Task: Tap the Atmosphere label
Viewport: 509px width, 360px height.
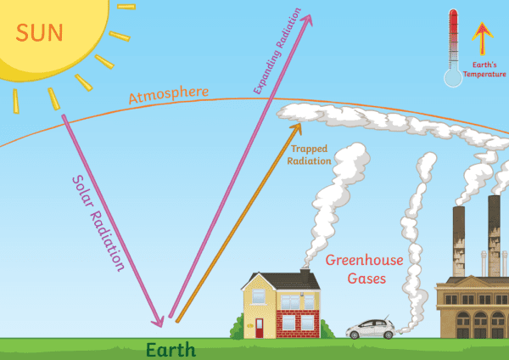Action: [169, 94]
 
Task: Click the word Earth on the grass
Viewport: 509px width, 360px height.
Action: [171, 349]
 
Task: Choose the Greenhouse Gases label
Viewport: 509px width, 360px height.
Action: [356, 270]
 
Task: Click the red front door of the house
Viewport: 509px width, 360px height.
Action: [260, 327]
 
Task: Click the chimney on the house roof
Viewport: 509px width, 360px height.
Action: [304, 278]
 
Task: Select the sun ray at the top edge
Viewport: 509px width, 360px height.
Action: [125, 6]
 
